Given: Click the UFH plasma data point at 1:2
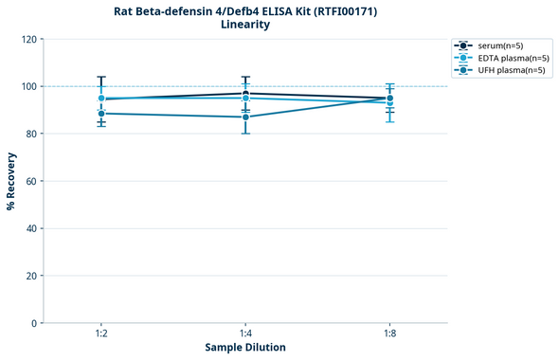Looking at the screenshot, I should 101,114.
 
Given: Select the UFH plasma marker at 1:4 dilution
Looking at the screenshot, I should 245,117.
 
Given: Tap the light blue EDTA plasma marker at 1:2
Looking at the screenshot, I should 101,98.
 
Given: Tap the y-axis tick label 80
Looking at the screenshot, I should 30,134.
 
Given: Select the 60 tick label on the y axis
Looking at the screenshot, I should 30,181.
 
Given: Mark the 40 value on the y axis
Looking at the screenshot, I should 30,228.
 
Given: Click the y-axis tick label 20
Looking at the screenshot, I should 30,276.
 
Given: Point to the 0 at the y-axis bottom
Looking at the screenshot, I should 33,323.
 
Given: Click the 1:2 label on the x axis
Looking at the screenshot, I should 101,334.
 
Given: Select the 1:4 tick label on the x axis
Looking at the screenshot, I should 245,334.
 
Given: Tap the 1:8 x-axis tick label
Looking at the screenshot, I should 389,334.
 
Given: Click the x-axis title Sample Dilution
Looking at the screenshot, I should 245,348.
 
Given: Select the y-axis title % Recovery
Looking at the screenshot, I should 10,180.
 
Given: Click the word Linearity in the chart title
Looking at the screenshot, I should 244,25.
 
